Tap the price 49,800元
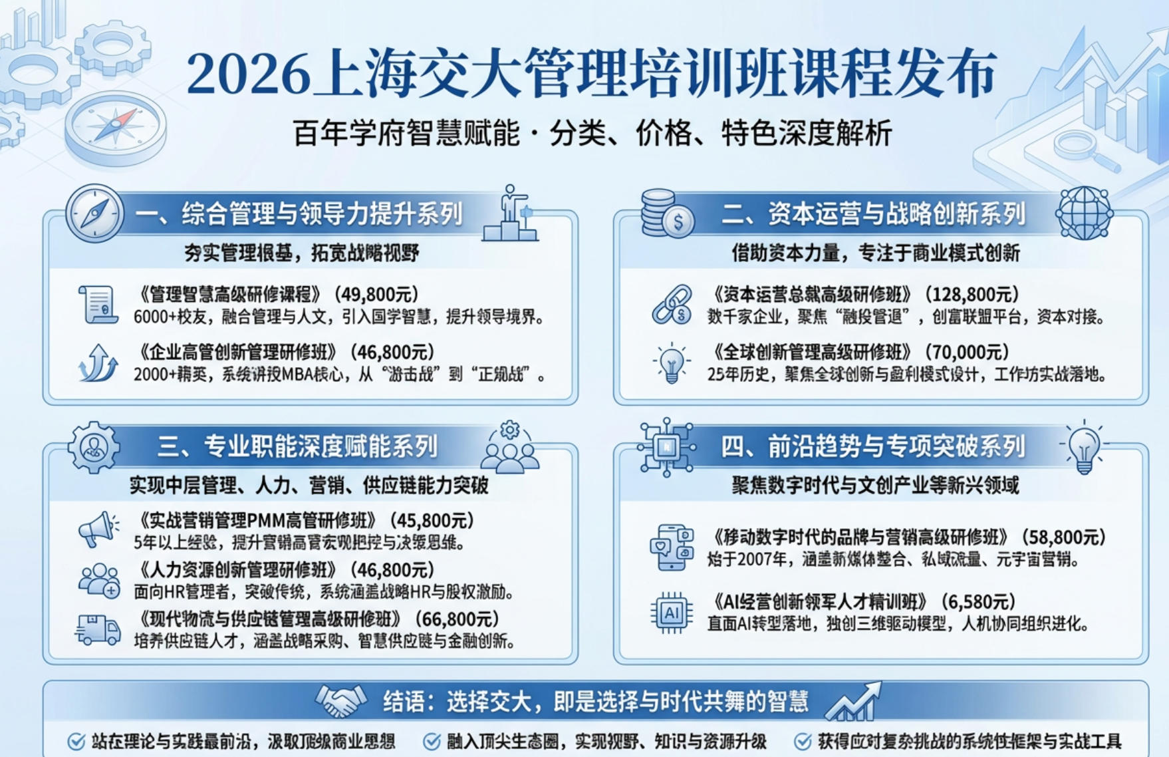click(x=376, y=294)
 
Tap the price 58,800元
click(x=1060, y=537)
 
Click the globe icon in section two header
click(x=1083, y=213)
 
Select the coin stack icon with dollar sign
click(x=667, y=214)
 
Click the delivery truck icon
click(x=98, y=629)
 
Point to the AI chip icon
click(x=671, y=612)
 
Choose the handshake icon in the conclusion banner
click(x=340, y=701)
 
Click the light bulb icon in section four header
click(x=1084, y=448)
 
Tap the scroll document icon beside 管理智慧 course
click(x=98, y=305)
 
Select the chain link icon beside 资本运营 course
click(x=671, y=305)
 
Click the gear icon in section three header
click(x=94, y=448)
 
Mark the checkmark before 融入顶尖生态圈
click(x=432, y=741)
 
